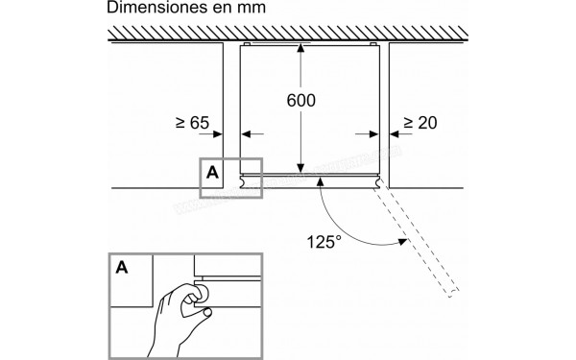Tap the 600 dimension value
pyautogui.click(x=300, y=100)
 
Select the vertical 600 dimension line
pyautogui.click(x=301, y=134)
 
